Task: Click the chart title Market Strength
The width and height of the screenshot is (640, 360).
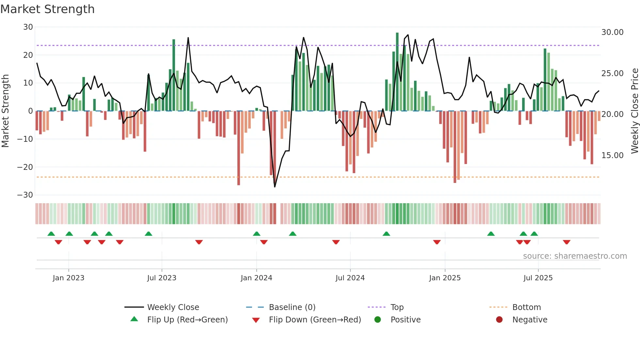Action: [x=47, y=9]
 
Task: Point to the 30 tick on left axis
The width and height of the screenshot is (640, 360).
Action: [x=28, y=27]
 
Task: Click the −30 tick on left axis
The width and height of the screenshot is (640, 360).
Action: [x=25, y=195]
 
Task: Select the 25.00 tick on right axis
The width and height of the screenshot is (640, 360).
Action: [x=612, y=74]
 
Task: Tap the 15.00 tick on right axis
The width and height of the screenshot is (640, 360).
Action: [x=612, y=155]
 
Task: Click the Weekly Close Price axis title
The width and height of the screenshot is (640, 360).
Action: [x=634, y=111]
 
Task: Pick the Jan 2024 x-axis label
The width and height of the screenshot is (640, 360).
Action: [x=256, y=278]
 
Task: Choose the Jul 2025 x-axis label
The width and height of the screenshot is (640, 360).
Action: [x=538, y=278]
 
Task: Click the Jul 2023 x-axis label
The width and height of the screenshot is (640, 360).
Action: [x=162, y=278]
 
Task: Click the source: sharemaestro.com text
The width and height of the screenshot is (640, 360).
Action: [x=575, y=256]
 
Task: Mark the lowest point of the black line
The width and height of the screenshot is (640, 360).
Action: [x=275, y=187]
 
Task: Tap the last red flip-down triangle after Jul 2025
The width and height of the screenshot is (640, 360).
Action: [x=567, y=242]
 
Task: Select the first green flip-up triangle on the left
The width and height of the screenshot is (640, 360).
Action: [x=51, y=234]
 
